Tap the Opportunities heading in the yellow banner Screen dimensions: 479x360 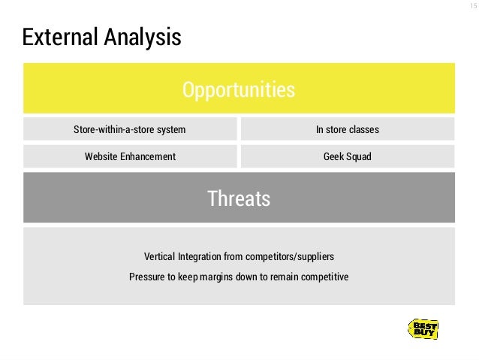click(239, 91)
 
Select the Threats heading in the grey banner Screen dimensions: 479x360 click(239, 199)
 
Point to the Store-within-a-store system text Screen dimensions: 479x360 click(129, 130)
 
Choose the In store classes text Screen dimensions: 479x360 click(347, 130)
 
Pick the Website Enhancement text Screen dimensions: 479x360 click(130, 156)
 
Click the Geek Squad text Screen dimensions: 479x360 click(347, 156)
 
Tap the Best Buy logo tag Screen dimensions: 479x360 click(423, 328)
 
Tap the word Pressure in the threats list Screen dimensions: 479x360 click(146, 276)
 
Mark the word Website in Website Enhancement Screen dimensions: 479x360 click(102, 156)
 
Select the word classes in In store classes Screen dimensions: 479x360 click(363, 130)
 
